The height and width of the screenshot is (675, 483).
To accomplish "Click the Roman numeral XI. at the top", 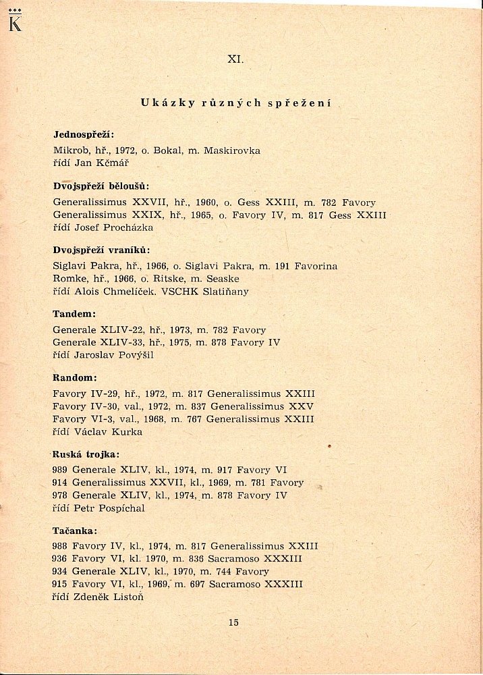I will click(235, 59).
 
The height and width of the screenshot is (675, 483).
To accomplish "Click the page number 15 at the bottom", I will click(233, 622).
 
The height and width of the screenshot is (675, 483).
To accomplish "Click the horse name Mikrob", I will click(70, 151).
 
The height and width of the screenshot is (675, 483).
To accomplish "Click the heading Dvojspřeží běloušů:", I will click(101, 186).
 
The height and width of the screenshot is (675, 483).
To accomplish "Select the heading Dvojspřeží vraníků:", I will click(101, 250).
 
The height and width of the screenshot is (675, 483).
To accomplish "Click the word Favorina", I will click(314, 266).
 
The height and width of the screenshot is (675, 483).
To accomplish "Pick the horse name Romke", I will click(69, 279).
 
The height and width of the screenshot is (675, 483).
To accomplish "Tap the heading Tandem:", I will click(74, 315).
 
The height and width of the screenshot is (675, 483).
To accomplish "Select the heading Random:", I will click(76, 378).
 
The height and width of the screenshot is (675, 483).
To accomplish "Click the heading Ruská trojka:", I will click(86, 455).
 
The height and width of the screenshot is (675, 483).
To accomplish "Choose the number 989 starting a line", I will click(61, 470).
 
